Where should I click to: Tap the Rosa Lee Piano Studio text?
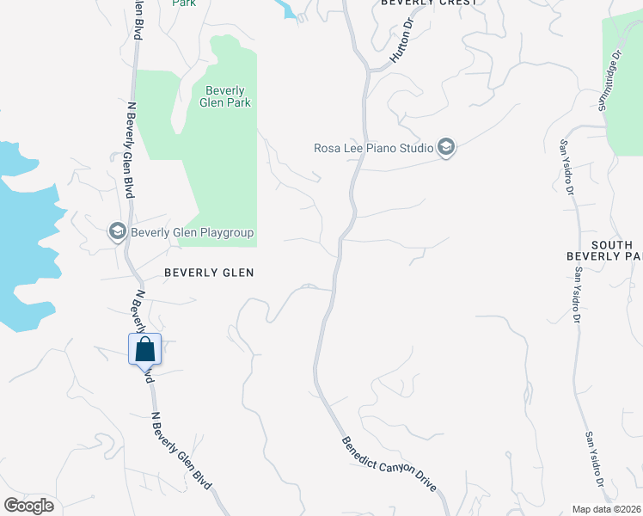373,148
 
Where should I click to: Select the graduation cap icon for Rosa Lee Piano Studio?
445,148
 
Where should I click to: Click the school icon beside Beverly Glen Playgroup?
117,231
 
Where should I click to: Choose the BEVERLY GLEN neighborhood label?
210,273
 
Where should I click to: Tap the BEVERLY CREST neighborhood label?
428,3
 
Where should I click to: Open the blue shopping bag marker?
145,350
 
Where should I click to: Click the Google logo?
28,506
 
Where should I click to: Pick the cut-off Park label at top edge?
184,3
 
